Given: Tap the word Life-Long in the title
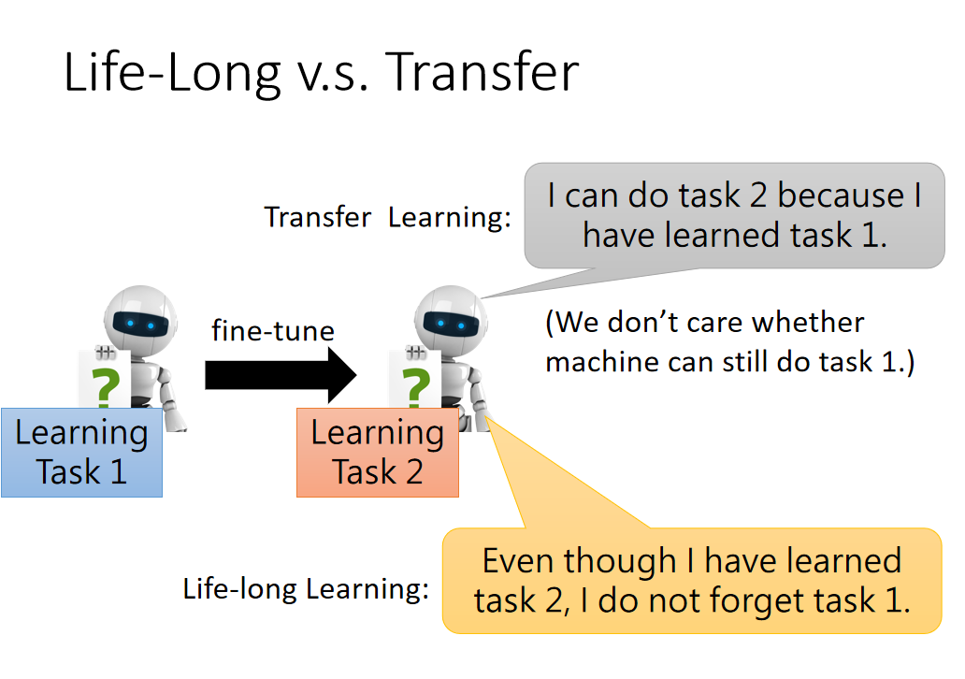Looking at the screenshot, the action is click(173, 74).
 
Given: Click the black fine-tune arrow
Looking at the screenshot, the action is click(281, 375).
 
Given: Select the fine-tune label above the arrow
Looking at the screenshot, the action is click(273, 330).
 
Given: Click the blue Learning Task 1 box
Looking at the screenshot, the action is click(82, 453).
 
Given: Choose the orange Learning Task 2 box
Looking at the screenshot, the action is click(378, 453).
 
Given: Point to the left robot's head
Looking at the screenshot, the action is click(140, 318).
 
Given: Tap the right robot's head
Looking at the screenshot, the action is click(451, 318).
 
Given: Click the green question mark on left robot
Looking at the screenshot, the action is click(106, 386).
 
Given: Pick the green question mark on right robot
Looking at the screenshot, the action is click(416, 386).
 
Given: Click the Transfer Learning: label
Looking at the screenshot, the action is click(388, 217).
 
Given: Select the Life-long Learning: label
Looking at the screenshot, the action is click(306, 589).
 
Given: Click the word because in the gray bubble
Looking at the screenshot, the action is click(841, 195).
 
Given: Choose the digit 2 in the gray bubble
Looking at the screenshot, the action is click(758, 195).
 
